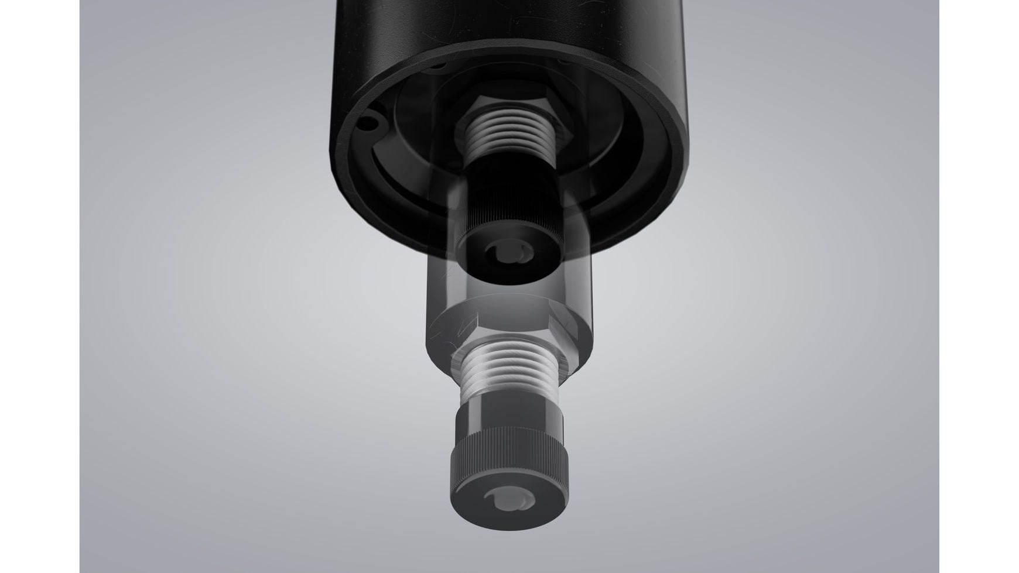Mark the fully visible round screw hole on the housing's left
367,123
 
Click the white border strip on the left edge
39,286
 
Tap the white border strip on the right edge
979,286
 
